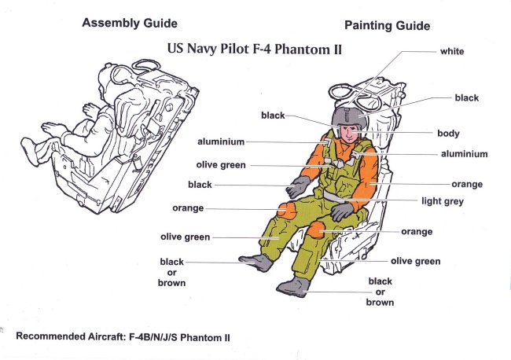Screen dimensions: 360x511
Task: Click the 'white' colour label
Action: (452, 52)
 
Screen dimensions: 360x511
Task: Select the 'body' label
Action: (448, 134)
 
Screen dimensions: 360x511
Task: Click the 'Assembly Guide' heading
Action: (130, 23)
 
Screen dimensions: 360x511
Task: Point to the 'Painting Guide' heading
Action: (387, 26)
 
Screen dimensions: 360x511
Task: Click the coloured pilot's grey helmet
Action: (349, 119)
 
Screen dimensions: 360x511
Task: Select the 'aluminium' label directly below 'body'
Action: (464, 154)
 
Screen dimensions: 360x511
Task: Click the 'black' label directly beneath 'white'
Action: (466, 98)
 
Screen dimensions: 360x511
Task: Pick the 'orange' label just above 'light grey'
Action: (467, 185)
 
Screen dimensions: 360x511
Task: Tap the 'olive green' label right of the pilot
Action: (415, 261)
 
